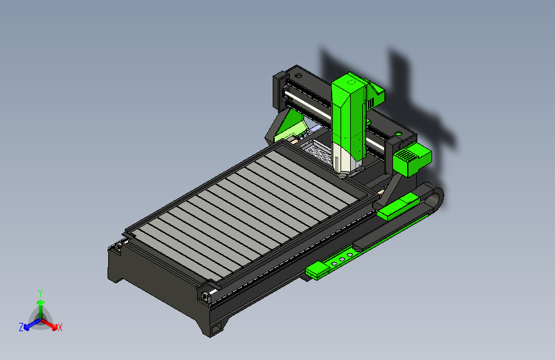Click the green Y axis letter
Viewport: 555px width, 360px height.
pos(40,293)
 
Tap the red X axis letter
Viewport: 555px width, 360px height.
pos(60,328)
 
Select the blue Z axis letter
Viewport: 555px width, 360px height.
pos(21,327)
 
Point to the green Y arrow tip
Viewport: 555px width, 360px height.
pos(41,302)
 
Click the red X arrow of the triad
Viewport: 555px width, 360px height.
pos(49,324)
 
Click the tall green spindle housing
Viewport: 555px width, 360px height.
pos(349,113)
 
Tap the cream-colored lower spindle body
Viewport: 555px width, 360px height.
pos(342,160)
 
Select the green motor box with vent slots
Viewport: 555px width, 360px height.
pos(412,159)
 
